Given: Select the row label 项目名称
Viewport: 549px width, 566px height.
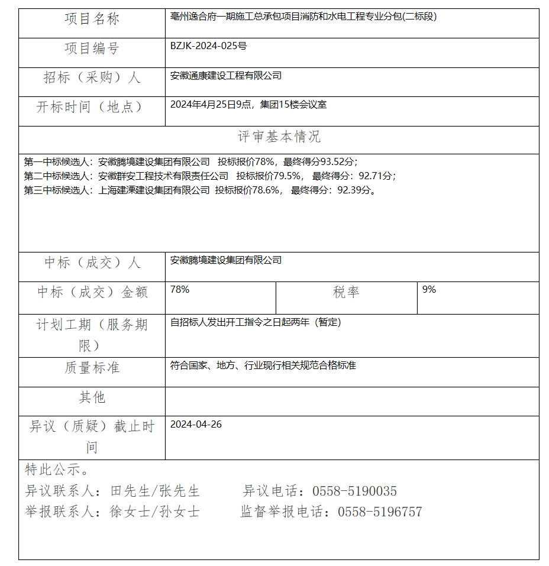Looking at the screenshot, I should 92,20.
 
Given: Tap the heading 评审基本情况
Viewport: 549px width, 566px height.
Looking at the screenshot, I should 279,137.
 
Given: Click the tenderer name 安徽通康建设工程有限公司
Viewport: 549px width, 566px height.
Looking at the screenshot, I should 225,76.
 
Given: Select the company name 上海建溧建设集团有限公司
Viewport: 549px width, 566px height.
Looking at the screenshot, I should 154,190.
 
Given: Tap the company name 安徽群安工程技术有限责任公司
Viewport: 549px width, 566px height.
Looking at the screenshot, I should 163,176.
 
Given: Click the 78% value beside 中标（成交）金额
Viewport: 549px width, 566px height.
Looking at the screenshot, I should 179,290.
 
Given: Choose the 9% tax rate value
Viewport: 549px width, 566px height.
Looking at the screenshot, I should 429,290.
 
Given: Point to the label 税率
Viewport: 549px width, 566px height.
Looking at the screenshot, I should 346,292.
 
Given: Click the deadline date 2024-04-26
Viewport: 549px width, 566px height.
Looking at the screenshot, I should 196,425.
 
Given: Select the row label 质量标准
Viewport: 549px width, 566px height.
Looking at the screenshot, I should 92,368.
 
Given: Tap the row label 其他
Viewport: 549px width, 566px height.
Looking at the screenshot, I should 92,397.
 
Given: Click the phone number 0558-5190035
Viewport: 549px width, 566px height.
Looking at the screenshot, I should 354,491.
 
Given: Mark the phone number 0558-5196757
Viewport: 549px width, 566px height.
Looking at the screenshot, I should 380,512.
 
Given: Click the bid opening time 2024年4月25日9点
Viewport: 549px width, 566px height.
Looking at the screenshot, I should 211,105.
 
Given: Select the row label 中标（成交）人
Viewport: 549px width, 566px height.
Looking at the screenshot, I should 92,263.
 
